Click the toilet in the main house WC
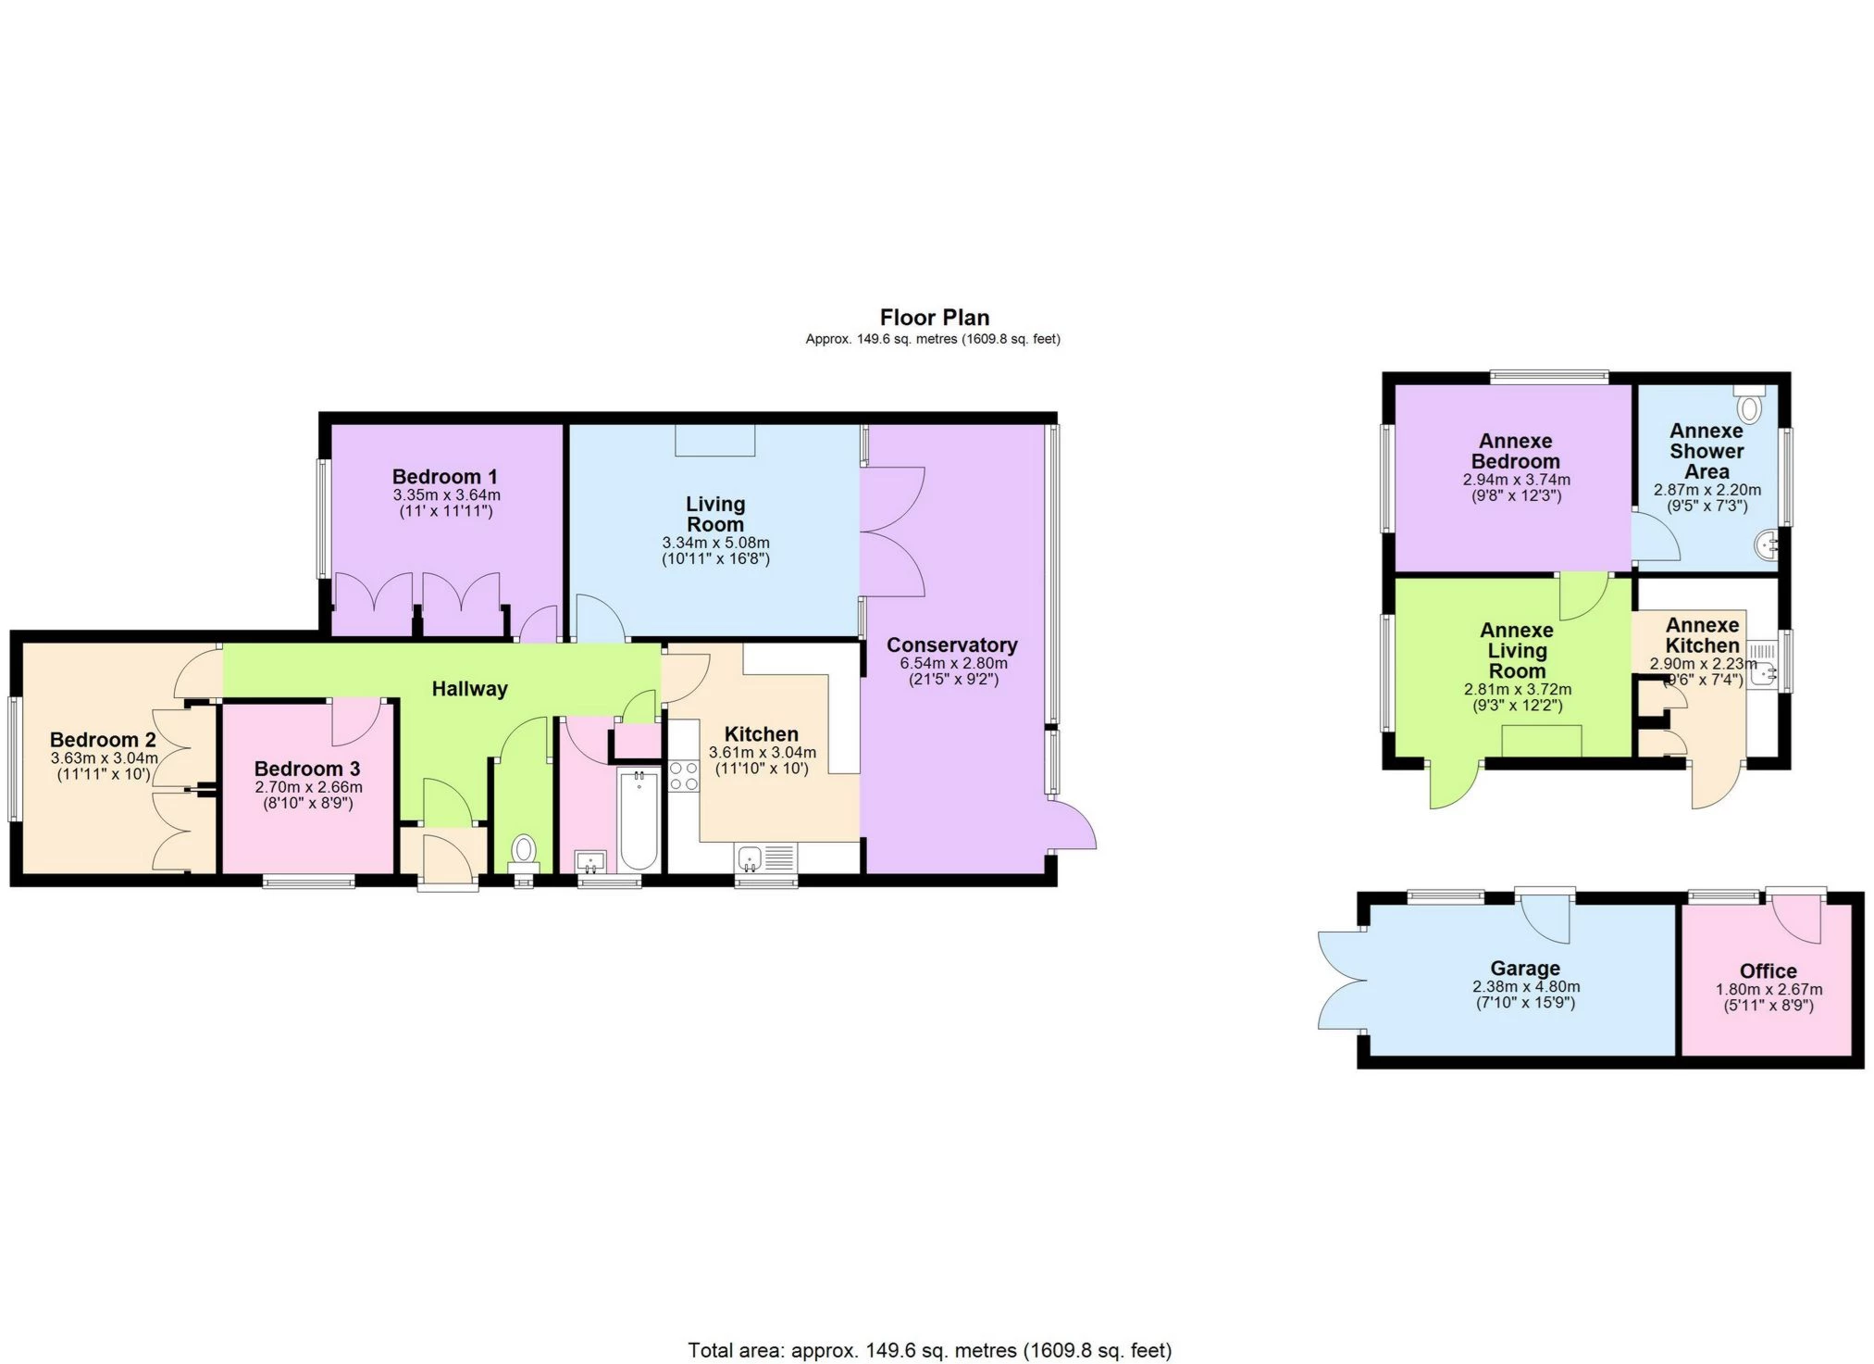[524, 850]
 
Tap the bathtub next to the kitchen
[639, 819]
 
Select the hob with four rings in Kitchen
[684, 776]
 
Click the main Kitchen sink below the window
[751, 857]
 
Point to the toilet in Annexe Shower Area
[1749, 407]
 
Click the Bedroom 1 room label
[445, 477]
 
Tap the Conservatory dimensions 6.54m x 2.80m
[953, 663]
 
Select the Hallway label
[470, 689]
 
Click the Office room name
[1768, 970]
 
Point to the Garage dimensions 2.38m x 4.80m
[1526, 986]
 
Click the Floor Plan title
[934, 318]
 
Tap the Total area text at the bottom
[929, 1350]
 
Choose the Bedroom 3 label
[307, 769]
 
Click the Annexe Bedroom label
[1515, 451]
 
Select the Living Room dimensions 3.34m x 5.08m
[715, 543]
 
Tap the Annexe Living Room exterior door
[1452, 785]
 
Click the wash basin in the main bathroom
[590, 862]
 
